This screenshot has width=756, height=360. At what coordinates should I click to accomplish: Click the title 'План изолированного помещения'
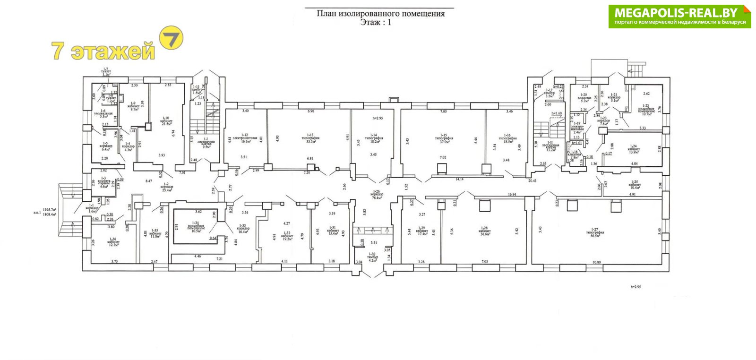click(x=380, y=14)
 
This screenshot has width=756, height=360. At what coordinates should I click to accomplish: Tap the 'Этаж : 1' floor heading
click(x=376, y=22)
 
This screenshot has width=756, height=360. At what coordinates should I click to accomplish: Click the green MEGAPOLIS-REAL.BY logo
click(x=679, y=17)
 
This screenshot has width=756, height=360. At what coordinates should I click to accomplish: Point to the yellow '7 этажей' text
click(x=103, y=51)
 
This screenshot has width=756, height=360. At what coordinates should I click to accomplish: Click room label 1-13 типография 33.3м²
click(x=310, y=139)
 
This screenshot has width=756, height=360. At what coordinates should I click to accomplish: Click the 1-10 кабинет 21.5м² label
click(x=166, y=121)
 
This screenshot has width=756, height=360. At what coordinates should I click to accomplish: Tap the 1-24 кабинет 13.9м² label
click(x=634, y=150)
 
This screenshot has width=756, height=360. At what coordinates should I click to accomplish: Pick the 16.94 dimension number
click(x=512, y=194)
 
